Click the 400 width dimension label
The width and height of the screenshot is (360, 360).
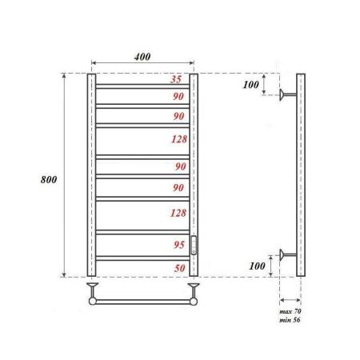click(141, 57)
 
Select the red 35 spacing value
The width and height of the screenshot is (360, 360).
click(178, 79)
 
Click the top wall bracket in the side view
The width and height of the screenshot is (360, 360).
click(286, 96)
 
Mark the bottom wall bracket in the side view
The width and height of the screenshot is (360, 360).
click(286, 255)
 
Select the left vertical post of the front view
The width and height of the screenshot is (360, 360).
click(90, 176)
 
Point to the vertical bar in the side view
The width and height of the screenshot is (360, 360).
click(300, 176)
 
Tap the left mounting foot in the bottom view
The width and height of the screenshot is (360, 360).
click(91, 286)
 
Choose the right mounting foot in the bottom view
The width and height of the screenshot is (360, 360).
click(193, 286)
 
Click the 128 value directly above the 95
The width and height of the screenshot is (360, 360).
click(178, 214)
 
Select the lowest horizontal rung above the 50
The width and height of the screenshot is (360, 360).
click(142, 258)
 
